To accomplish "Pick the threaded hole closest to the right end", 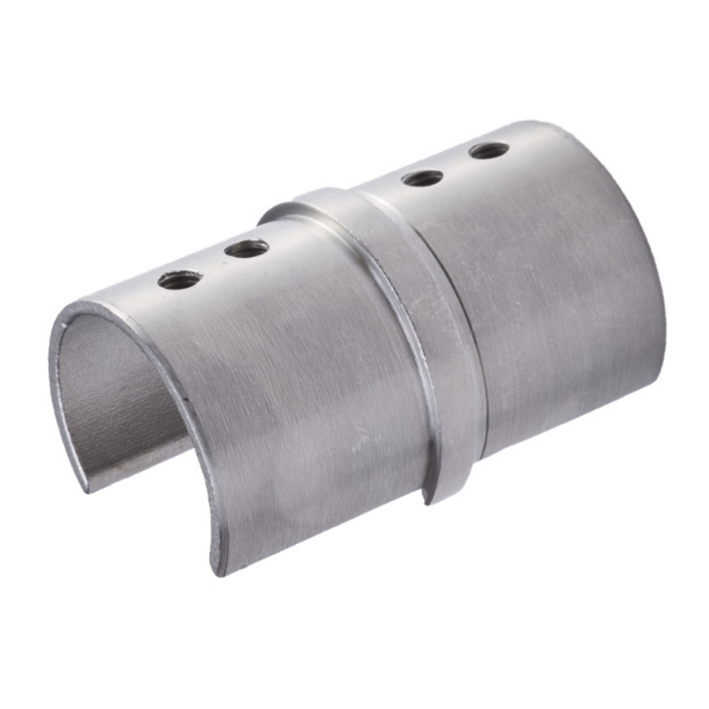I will point(490,151).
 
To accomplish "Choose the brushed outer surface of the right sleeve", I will point(550,312).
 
